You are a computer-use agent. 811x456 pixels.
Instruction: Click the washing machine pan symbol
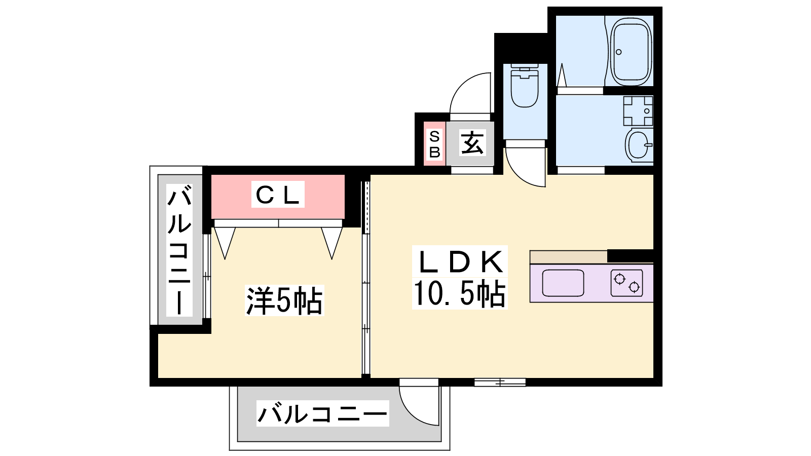(638, 110)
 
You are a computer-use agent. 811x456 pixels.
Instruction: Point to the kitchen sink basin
(563, 283)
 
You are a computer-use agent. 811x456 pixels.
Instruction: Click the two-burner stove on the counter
(626, 283)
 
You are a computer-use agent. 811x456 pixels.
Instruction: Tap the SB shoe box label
(434, 144)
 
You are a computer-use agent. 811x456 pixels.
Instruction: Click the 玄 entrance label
(472, 142)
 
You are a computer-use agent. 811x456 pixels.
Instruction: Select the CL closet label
(278, 195)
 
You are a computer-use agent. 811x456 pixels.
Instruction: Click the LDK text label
(460, 261)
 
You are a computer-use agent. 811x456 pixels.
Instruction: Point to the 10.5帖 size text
(459, 294)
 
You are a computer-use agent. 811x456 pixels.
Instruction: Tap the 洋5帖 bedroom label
(284, 301)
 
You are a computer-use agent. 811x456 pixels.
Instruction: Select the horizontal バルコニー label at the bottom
(322, 413)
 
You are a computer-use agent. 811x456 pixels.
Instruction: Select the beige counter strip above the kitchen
(568, 257)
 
